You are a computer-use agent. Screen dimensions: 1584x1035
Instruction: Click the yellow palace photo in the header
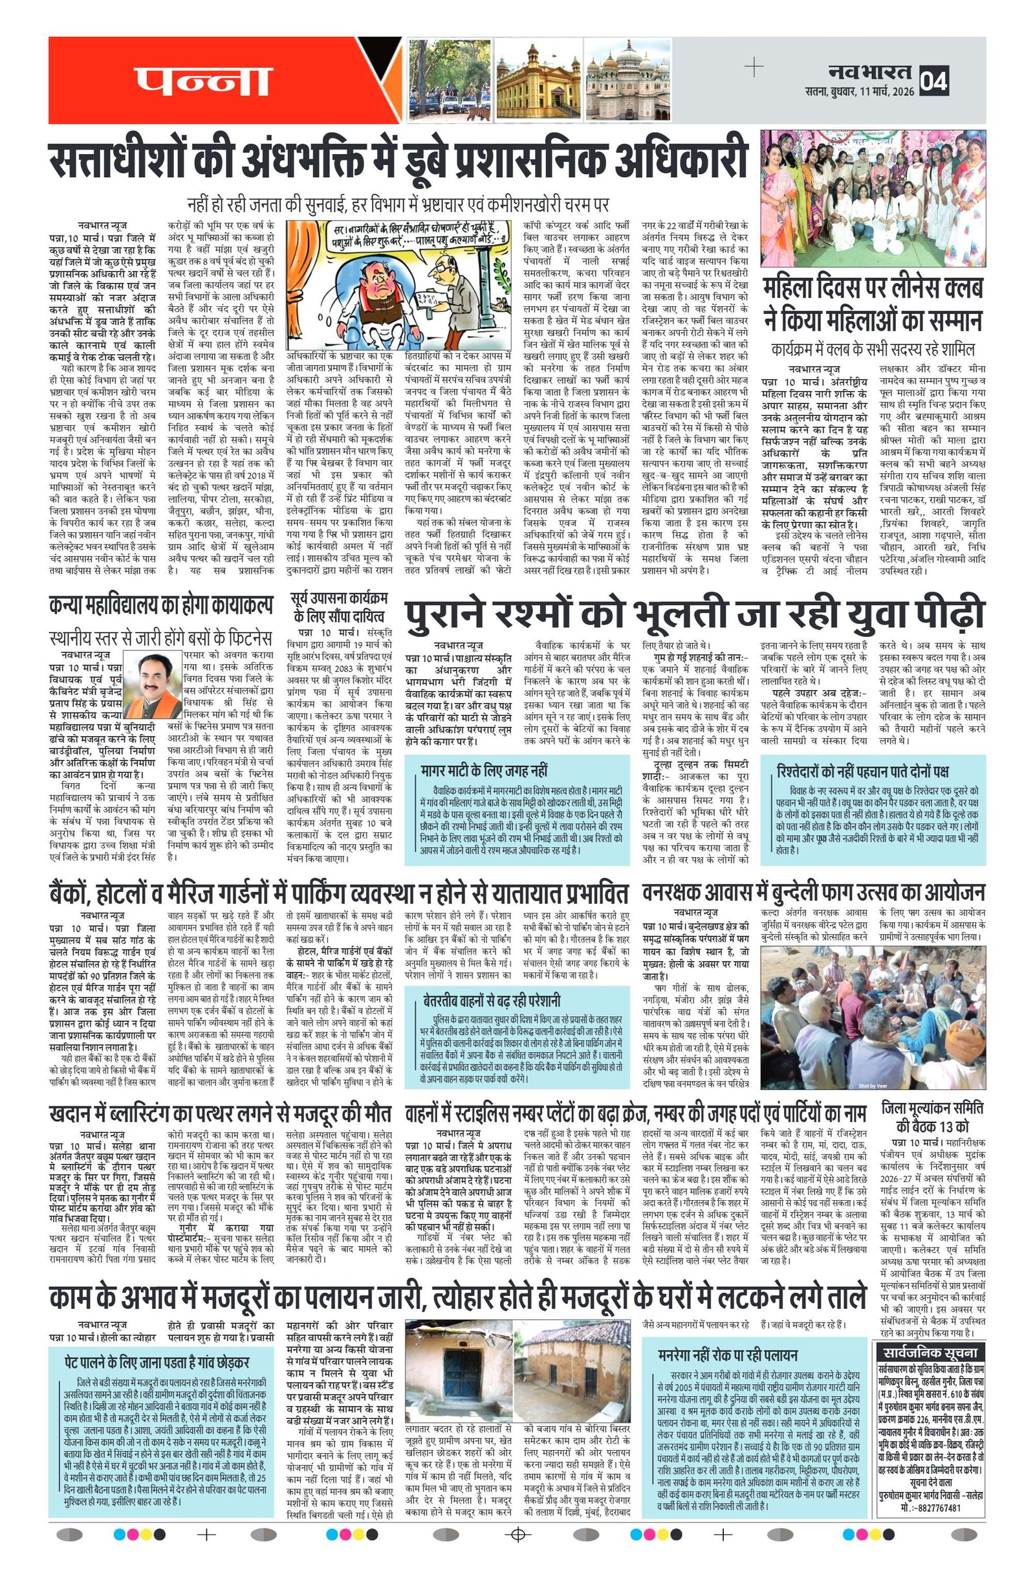pyautogui.click(x=538, y=79)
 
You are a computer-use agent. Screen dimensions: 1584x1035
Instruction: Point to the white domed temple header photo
pyautogui.click(x=627, y=79)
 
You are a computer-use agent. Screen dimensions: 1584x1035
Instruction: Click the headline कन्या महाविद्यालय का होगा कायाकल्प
pyautogui.click(x=160, y=606)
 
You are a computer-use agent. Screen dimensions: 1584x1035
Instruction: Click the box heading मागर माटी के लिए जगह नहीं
pyautogui.click(x=485, y=772)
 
